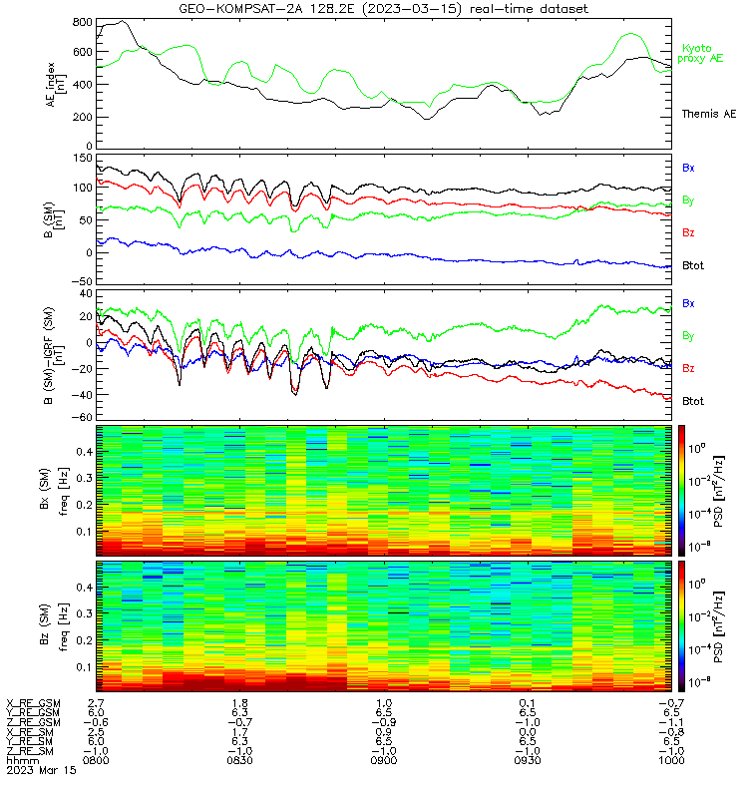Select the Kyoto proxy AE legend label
click(x=700, y=54)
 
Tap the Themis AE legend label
click(x=709, y=114)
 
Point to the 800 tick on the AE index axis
click(x=83, y=22)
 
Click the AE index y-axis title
click(x=56, y=85)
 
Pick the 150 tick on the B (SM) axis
click(x=83, y=159)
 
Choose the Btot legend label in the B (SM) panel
click(x=692, y=265)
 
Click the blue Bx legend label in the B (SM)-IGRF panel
click(x=688, y=303)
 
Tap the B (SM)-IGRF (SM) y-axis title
click(x=55, y=355)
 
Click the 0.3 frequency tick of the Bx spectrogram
click(x=85, y=478)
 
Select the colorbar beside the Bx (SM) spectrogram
click(x=681, y=490)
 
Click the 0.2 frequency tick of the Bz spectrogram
click(x=85, y=640)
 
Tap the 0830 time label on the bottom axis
click(x=239, y=760)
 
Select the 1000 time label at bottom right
click(x=671, y=760)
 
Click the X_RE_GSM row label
click(x=33, y=704)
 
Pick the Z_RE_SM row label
click(x=30, y=751)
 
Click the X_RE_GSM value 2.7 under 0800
click(x=96, y=704)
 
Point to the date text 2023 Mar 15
click(x=41, y=770)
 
